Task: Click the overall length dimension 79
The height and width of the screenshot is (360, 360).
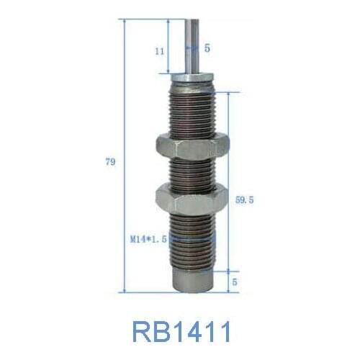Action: [x=110, y=162]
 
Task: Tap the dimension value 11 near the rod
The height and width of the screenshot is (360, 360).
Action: [x=159, y=51]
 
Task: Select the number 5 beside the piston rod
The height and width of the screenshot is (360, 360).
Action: [x=207, y=48]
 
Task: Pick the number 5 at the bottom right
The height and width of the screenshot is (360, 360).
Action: [x=235, y=283]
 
